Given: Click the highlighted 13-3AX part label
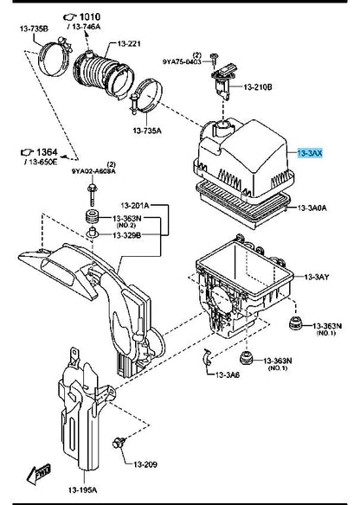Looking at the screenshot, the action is tap(310, 153).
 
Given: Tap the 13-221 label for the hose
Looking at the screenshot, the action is tap(129, 43).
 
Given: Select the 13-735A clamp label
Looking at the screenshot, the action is tap(147, 131).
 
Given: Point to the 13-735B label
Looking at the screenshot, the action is tap(34, 29).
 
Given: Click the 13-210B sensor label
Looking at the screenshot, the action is tap(258, 86).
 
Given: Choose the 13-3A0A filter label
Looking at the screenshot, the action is tap(312, 208).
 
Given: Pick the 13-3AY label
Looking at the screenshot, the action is tap(317, 277).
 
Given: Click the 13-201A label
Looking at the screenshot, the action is tap(135, 205).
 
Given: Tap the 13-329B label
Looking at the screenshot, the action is tap(126, 235).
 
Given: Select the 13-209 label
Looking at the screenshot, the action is tap(145, 464).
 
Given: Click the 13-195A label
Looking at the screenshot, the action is tap(82, 490).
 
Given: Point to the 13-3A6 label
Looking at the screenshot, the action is tap(228, 374).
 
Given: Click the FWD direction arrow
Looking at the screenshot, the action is tap(39, 474).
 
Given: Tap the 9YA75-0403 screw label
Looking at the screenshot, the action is tap(182, 61).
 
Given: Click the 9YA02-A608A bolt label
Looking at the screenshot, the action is tap(93, 172).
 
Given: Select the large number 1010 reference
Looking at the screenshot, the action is tap(90, 16).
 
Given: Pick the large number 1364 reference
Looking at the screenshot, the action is tap(47, 152).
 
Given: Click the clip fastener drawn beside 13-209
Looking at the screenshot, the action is tap(119, 443).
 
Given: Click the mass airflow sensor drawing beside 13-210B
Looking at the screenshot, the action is tap(222, 80).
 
